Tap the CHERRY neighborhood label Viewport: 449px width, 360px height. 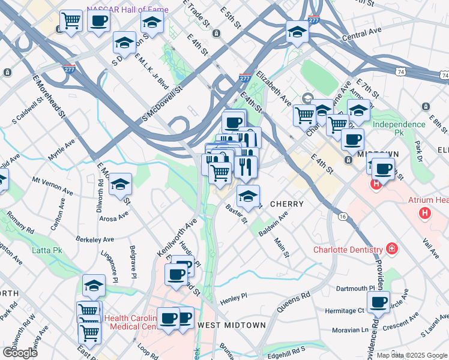click(x=286, y=204)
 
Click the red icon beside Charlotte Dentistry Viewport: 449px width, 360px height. click(x=392, y=248)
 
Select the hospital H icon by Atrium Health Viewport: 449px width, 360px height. click(x=425, y=212)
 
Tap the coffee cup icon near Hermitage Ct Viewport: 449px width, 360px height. click(x=378, y=304)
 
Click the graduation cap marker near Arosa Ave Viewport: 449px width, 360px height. click(x=120, y=185)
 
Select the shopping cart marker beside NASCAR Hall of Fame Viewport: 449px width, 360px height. click(x=71, y=22)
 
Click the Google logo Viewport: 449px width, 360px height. click(x=20, y=353)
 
